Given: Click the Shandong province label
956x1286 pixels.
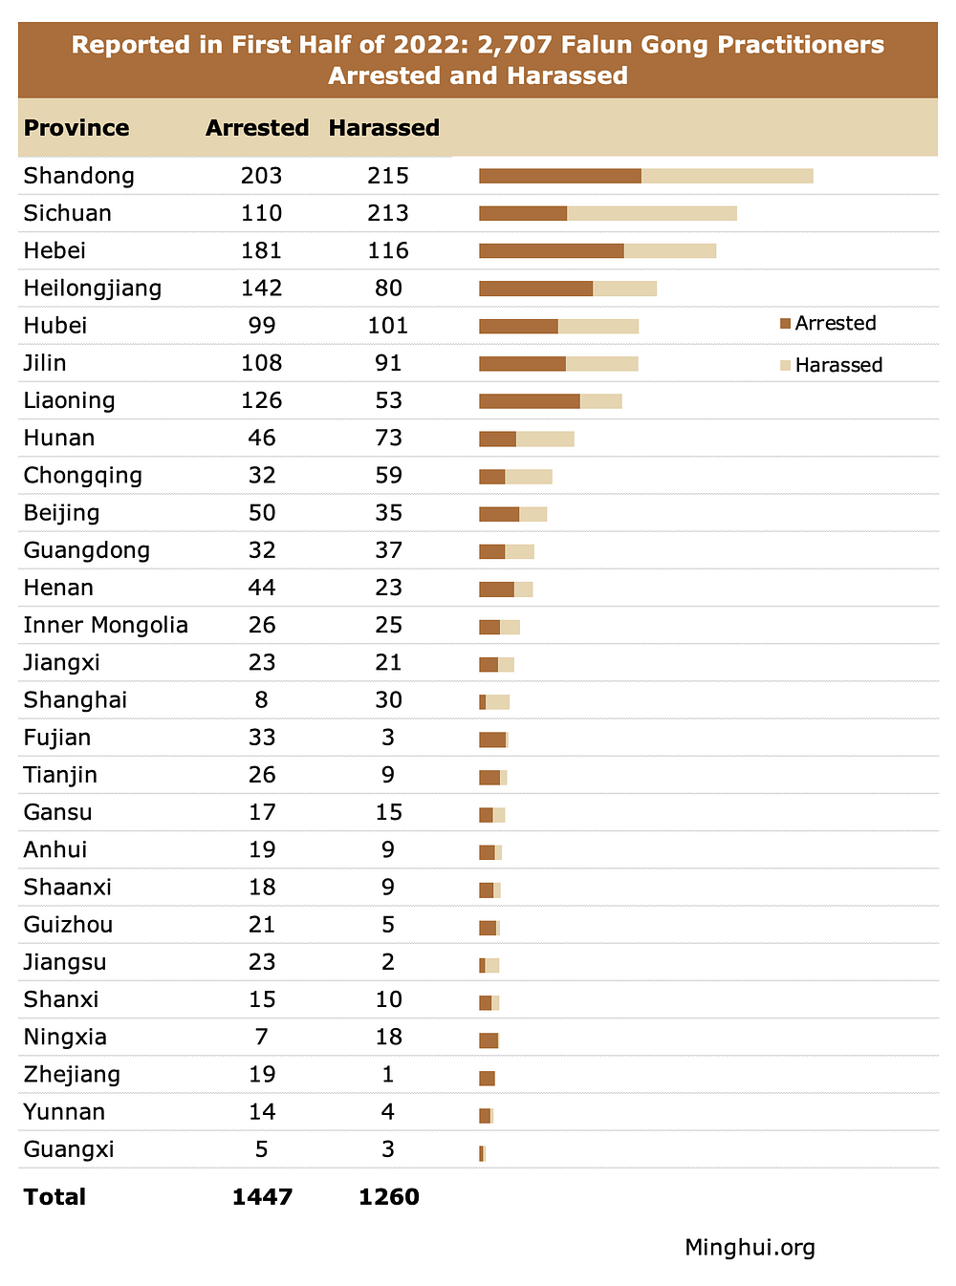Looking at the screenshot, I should [x=78, y=176].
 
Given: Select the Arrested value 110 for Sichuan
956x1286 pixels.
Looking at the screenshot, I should [x=261, y=213].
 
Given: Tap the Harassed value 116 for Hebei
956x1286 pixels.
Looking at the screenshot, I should [x=387, y=250].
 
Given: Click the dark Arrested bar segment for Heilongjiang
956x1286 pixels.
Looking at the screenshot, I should [x=535, y=289].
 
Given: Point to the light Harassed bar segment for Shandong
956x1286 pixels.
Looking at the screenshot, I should [x=727, y=176].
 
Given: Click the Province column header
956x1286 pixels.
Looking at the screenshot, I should [x=76, y=128].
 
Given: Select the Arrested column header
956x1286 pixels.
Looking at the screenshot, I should [x=257, y=128].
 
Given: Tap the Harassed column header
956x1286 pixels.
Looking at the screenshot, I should [x=383, y=128].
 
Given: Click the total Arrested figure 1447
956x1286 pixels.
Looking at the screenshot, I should [x=262, y=1197].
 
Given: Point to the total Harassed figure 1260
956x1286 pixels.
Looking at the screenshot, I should [x=388, y=1197].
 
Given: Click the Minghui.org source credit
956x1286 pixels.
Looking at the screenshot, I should [x=750, y=1247].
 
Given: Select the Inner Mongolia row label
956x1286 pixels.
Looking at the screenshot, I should [x=105, y=625].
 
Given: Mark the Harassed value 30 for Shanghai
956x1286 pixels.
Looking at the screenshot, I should [x=388, y=700].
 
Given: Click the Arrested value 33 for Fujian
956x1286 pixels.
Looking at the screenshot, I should [x=261, y=738].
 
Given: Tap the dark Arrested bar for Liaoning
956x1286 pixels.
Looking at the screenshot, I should [x=529, y=401].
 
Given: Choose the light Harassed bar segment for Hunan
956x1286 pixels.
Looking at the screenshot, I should [x=545, y=439].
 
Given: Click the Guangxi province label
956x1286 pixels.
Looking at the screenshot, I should [x=68, y=1149].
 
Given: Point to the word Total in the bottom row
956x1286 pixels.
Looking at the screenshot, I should [x=54, y=1197].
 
